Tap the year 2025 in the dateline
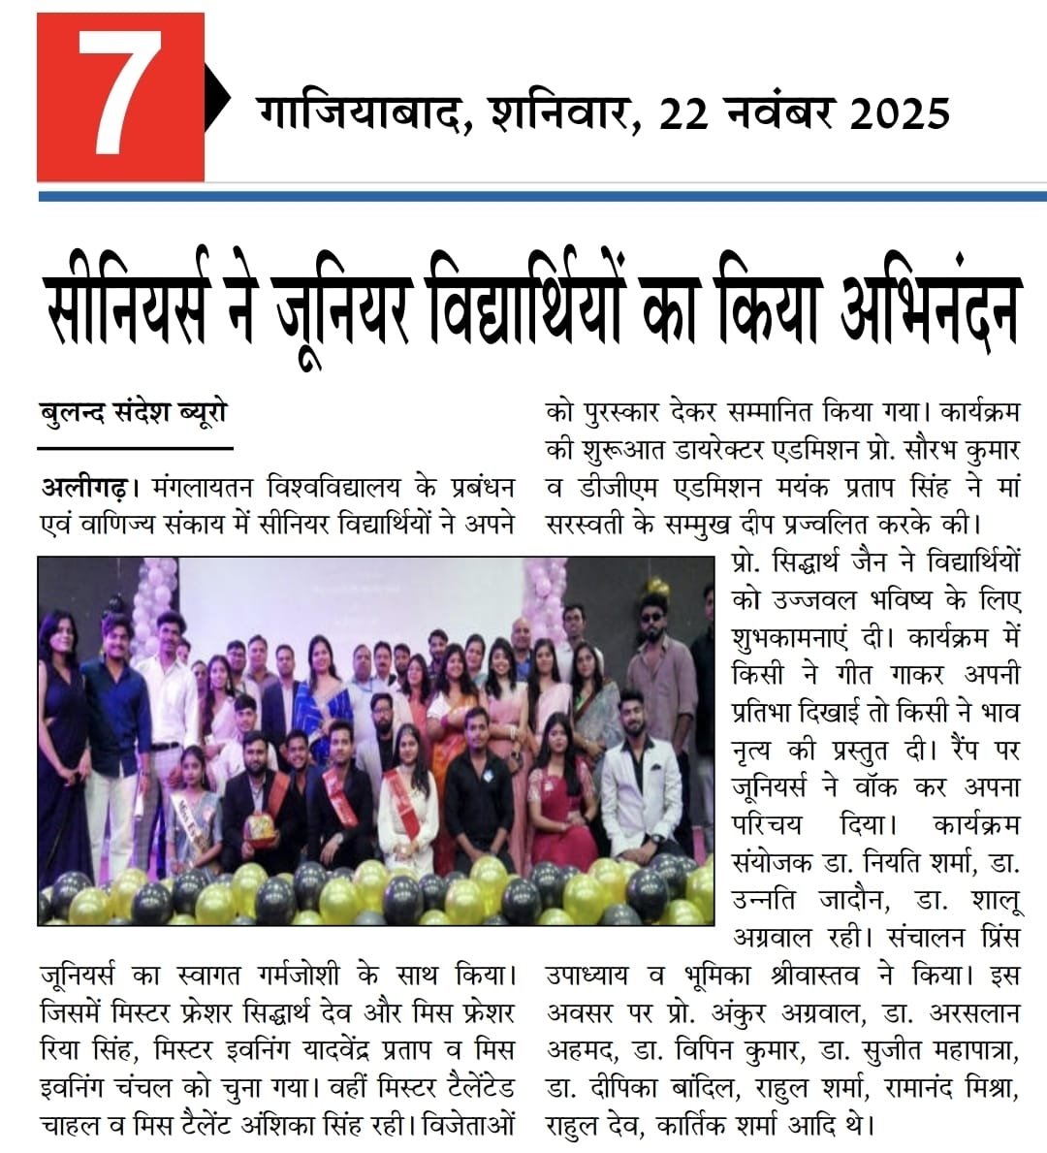click(x=899, y=114)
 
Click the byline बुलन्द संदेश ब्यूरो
click(x=134, y=413)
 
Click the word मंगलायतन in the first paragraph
click(x=197, y=486)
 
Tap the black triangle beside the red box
click(x=217, y=97)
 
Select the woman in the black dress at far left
click(x=64, y=747)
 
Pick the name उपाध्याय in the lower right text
click(x=587, y=976)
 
